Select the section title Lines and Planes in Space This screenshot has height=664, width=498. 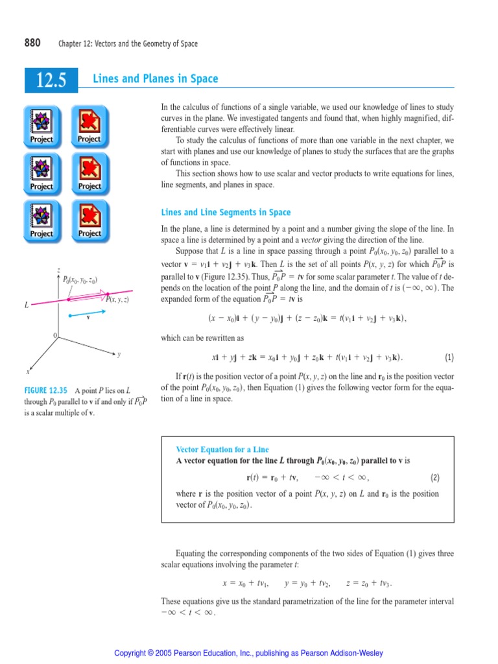[156, 79]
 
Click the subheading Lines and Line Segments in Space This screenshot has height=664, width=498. [226, 213]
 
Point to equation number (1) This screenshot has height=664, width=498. [449, 357]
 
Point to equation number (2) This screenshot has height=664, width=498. [435, 478]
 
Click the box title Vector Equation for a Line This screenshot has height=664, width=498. [222, 449]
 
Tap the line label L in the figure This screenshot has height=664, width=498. [27, 303]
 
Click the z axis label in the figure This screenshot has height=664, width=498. [59, 270]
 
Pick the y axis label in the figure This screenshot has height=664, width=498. [119, 354]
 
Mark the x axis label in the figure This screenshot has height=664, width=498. [28, 372]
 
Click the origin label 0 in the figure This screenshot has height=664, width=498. [55, 335]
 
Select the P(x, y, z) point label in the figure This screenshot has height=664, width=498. [117, 299]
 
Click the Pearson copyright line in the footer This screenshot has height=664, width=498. [248, 653]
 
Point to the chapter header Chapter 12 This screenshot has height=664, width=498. [128, 44]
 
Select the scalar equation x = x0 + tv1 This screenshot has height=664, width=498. [246, 583]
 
